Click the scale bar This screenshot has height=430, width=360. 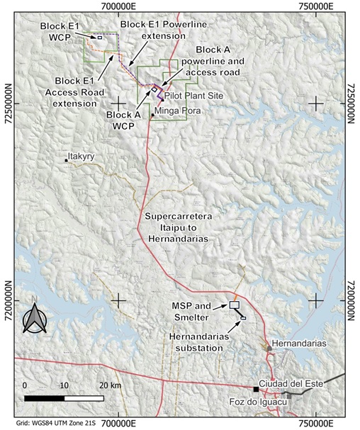pos(64,398)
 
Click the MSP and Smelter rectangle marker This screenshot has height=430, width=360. pos(235,305)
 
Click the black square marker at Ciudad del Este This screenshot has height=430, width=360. pos(256,389)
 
